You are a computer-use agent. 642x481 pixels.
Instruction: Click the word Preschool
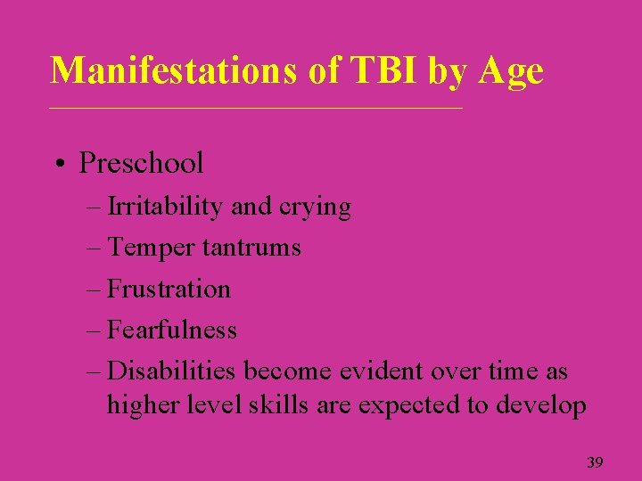tap(141, 164)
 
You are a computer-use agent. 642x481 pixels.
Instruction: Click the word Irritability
tap(165, 208)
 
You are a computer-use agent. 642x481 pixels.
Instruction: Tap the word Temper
tap(151, 248)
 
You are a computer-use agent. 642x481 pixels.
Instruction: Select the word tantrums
tap(251, 248)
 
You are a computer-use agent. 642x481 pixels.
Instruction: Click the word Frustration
tap(169, 289)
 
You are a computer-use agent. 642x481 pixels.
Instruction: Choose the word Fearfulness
tap(171, 330)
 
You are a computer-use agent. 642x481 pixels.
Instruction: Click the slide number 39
tap(595, 462)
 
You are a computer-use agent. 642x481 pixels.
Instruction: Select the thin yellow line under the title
tap(257, 109)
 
